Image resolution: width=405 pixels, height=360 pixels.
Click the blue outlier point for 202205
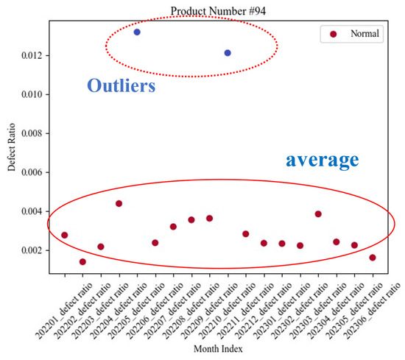coord(137,32)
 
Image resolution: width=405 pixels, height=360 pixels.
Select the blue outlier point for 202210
coord(228,53)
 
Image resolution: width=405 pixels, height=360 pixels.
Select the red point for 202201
coord(65,235)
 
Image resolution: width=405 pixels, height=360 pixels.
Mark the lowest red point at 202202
coord(82,261)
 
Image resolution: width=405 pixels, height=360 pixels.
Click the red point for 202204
coord(119,203)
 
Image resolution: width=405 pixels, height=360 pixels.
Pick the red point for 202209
coord(209,218)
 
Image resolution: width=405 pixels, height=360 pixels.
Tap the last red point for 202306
coord(373,258)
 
